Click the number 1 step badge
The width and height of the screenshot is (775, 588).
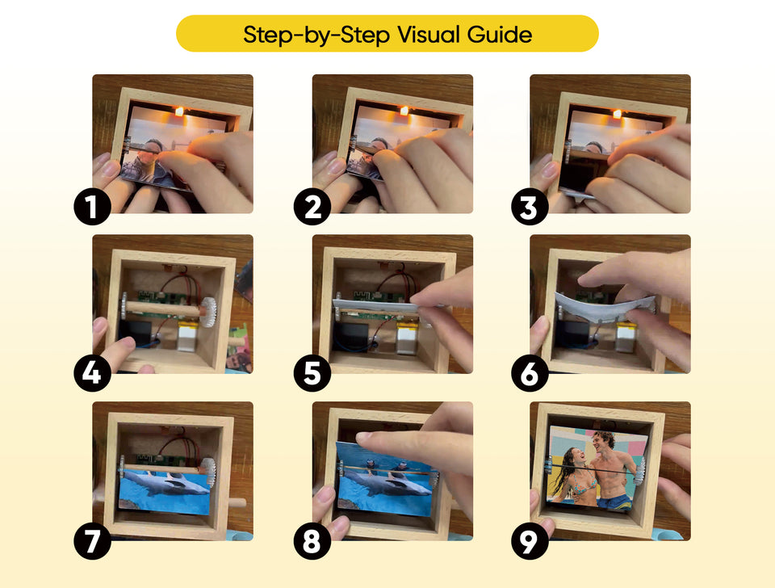(91, 208)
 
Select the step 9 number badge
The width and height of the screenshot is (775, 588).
(530, 540)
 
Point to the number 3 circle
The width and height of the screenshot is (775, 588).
(530, 208)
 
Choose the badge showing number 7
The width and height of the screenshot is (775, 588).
(91, 540)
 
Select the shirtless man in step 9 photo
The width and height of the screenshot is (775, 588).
(610, 472)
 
